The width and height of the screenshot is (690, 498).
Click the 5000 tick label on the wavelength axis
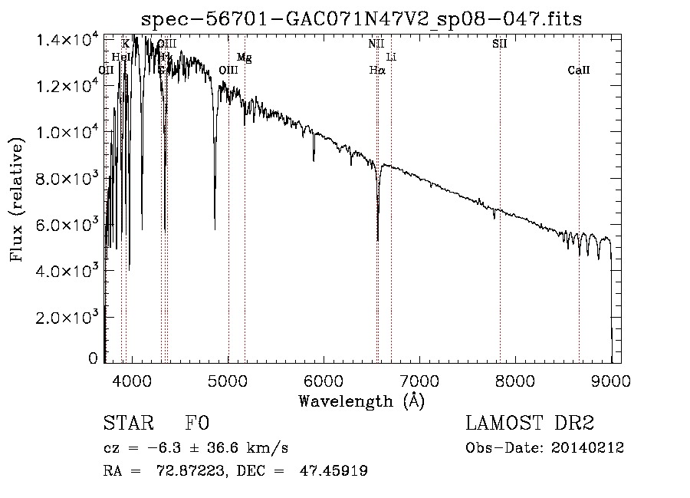coord(228,381)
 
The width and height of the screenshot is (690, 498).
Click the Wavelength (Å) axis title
coord(361,401)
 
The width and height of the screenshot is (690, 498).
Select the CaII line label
coord(579,71)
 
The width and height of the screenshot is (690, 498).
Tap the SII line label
coord(500,44)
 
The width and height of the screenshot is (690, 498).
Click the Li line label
coord(391,57)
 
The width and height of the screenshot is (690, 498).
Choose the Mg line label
coord(244,57)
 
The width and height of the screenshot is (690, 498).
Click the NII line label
coord(376,44)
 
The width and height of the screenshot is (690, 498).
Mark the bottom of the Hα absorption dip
coord(378,240)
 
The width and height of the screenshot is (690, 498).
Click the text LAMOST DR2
coord(530,424)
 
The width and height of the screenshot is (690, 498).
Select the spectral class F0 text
coord(197,424)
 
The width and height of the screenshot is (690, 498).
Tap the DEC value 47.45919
coord(336,471)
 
